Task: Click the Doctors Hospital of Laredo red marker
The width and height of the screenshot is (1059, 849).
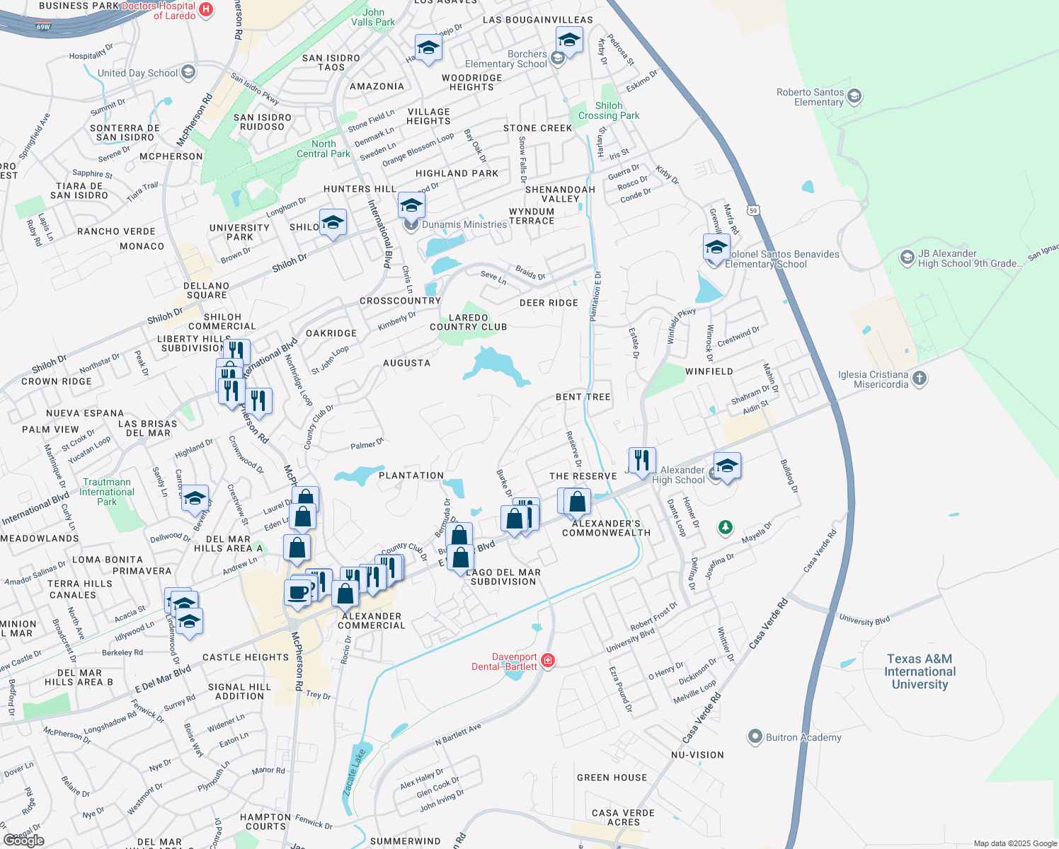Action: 206,9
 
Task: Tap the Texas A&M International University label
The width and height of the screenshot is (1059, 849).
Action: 920,671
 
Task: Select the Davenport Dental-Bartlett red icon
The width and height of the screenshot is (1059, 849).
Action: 547,661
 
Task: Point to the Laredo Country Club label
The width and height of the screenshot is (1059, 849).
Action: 468,323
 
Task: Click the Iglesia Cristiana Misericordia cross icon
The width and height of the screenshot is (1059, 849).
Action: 919,378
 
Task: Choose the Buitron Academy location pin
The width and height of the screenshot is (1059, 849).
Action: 755,737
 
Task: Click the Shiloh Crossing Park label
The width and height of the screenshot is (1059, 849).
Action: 609,111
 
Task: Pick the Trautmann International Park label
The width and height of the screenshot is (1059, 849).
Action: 107,492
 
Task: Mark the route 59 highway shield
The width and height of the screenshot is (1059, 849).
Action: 754,210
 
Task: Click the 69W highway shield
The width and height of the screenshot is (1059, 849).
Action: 43,28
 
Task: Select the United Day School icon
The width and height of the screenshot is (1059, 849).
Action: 188,72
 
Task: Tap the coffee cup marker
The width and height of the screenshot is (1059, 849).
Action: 298,592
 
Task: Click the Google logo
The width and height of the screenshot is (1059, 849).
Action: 24,840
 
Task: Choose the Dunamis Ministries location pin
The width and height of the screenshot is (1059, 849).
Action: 411,225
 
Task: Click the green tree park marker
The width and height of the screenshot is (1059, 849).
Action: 725,527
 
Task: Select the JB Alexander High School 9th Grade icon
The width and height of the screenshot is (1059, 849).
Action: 907,258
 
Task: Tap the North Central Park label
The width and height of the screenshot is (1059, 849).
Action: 324,149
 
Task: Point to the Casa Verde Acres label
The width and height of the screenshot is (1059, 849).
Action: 623,817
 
